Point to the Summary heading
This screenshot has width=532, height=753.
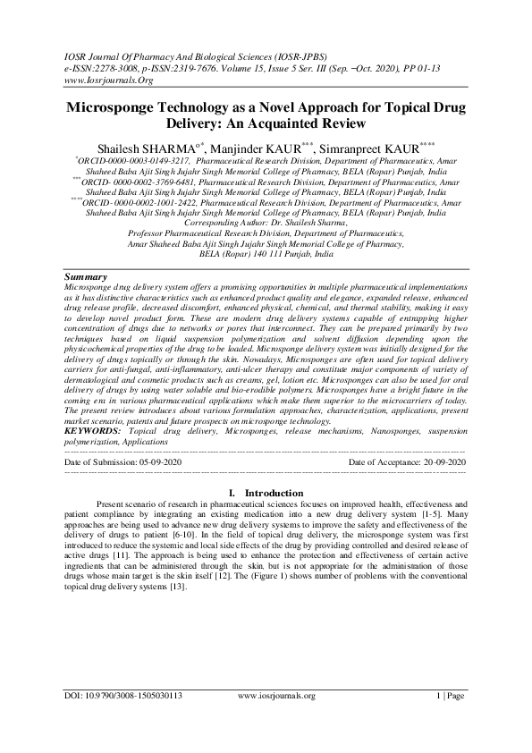(88, 277)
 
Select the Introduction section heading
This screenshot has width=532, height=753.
(274, 493)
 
